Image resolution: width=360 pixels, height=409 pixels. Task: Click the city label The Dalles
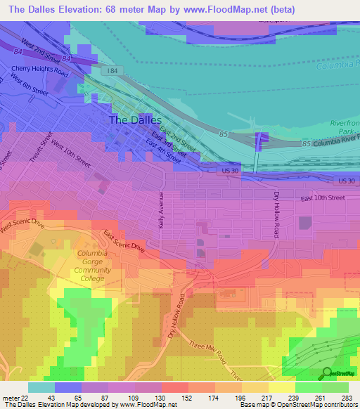coord(135,120)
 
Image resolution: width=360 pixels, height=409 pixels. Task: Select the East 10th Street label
coord(323,199)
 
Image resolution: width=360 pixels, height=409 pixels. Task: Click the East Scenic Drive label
coord(124,241)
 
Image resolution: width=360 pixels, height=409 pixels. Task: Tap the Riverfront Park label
coord(345,126)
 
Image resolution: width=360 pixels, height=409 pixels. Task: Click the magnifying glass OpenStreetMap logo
coord(326,374)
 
